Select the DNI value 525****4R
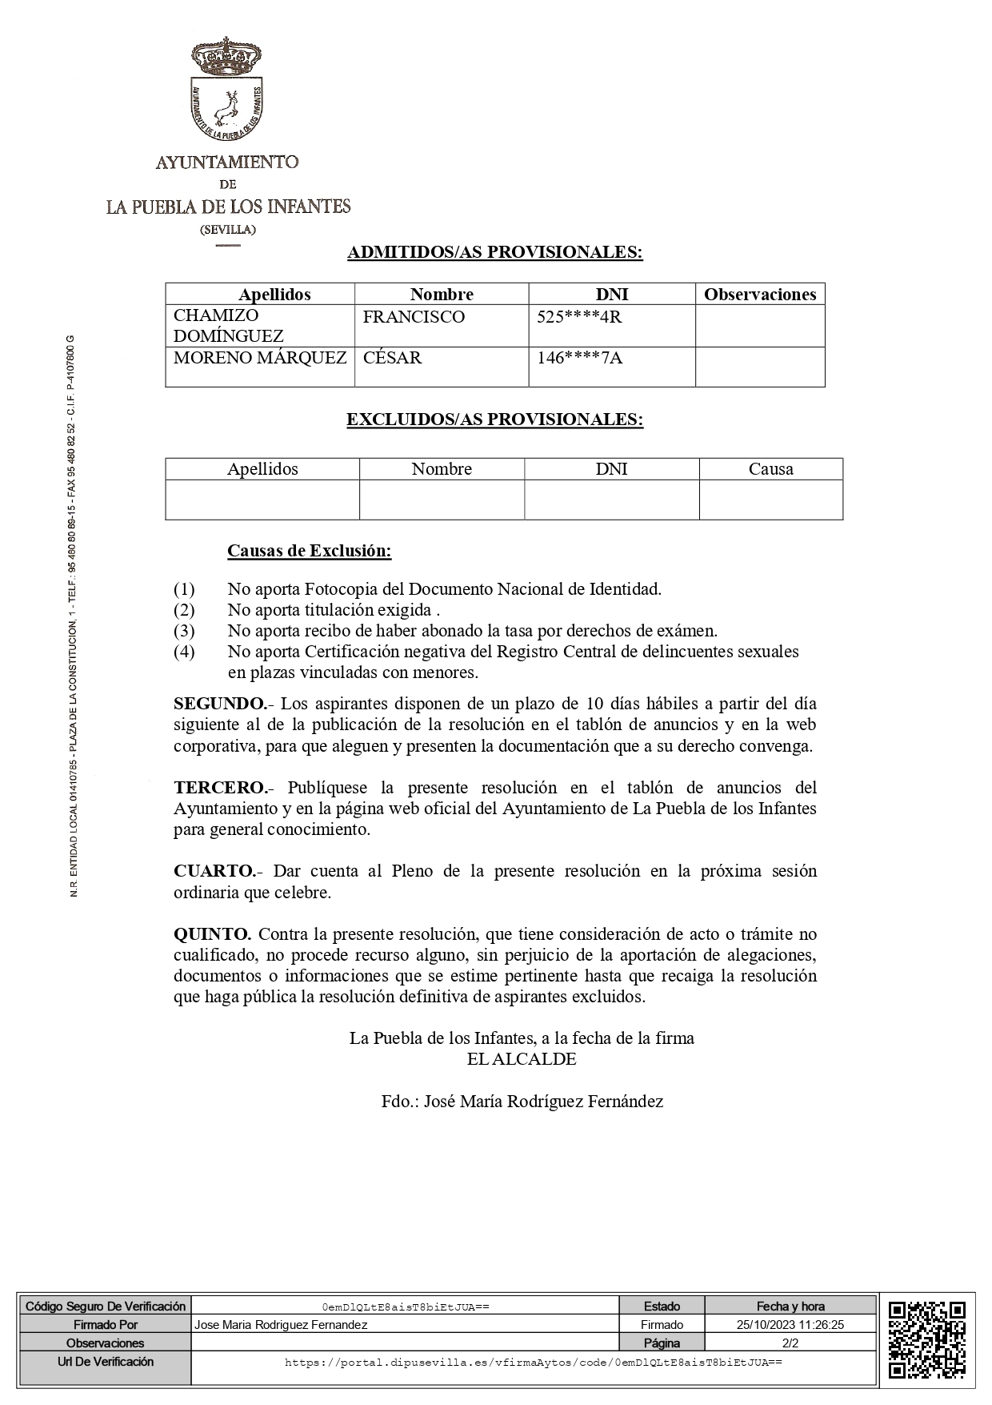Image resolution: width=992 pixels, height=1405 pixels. click(579, 317)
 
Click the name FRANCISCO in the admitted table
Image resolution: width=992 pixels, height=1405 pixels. click(414, 317)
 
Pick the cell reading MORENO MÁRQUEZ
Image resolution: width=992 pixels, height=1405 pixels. click(260, 358)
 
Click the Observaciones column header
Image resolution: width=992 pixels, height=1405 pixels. click(759, 295)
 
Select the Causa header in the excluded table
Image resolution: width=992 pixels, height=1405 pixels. click(770, 469)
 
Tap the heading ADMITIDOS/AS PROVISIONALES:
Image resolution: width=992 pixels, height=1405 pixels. click(494, 253)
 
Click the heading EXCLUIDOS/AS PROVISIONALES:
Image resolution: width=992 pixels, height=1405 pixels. click(494, 420)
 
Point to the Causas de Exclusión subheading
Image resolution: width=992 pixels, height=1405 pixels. click(309, 551)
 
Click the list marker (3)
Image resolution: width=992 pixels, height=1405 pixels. click(184, 631)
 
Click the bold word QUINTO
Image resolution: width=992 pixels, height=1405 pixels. click(213, 934)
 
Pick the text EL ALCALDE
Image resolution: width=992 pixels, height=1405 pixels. click(522, 1059)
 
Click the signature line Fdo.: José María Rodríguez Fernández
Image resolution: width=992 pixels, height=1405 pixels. click(522, 1102)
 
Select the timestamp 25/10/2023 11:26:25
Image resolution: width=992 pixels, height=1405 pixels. click(790, 1325)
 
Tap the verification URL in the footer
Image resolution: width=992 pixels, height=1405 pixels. click(533, 1362)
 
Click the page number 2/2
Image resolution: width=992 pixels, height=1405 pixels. click(790, 1343)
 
